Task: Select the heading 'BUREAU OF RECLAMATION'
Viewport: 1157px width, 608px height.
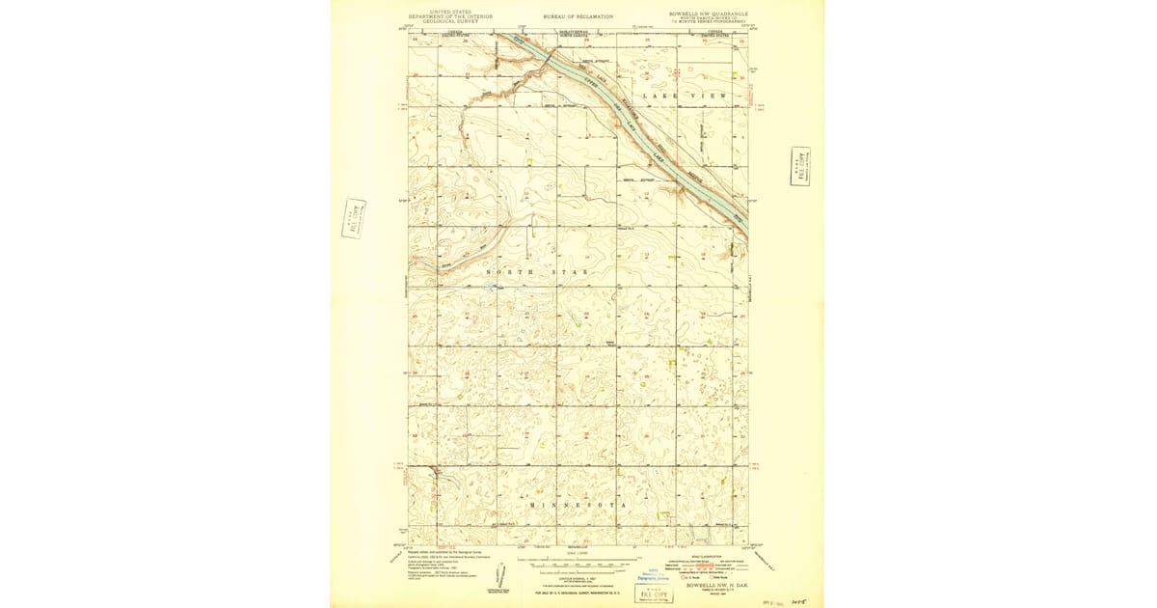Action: [578, 16]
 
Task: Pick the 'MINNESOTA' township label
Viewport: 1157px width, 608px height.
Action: [578, 505]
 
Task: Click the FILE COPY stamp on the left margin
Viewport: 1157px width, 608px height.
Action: [353, 218]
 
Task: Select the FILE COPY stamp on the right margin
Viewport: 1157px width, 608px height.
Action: [799, 166]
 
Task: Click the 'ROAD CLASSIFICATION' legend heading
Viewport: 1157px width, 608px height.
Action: [705, 556]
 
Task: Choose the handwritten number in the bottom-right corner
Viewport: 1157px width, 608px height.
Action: [796, 599]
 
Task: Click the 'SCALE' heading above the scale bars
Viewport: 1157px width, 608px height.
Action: [578, 553]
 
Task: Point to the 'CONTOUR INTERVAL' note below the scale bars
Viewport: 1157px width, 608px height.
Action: [578, 577]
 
